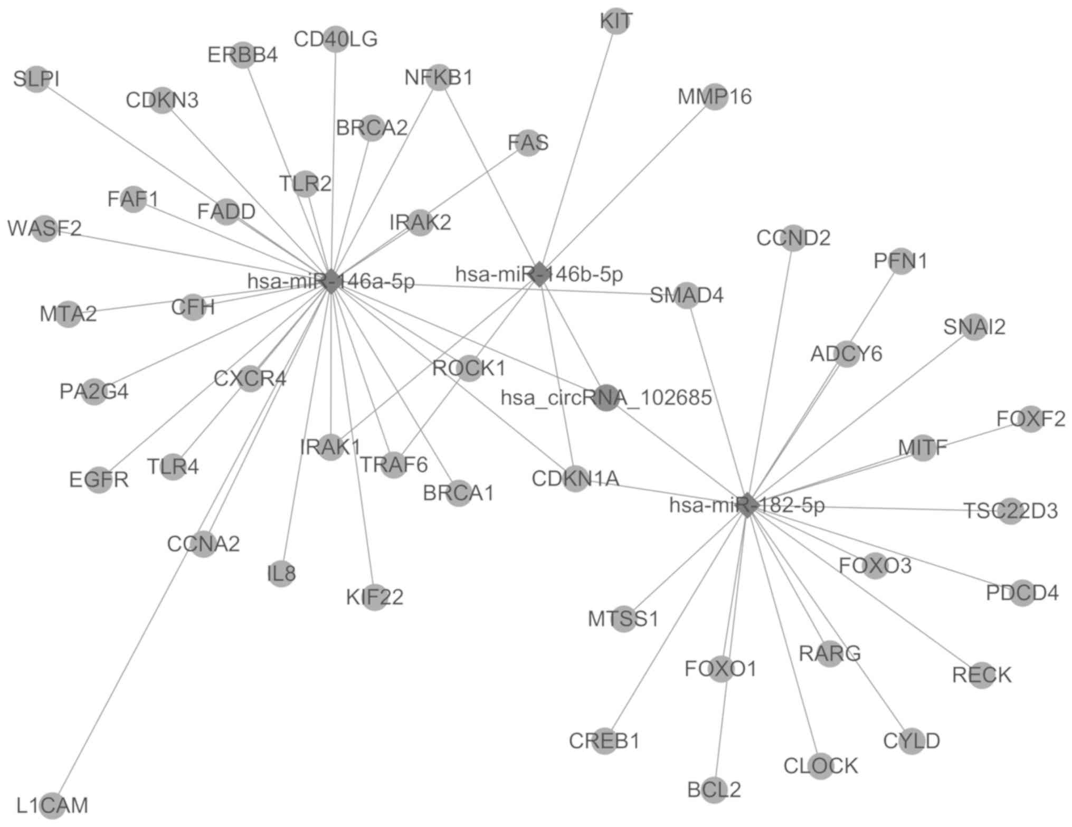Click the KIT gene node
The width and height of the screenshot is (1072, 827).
615,22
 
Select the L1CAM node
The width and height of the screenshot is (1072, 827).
52,805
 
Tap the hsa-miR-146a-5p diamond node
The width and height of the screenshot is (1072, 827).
331,281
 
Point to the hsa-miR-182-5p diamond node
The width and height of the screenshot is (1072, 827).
746,505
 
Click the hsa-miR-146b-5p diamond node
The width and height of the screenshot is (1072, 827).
539,274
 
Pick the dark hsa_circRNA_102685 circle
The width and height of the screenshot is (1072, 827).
606,397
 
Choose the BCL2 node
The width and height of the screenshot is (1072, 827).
714,790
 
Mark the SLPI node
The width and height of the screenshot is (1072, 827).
36,79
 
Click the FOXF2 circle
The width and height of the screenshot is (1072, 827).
1030,419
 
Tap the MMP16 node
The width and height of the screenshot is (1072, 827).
715,97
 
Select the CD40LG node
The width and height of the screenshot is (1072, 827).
336,39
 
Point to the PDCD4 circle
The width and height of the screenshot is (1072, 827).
1022,593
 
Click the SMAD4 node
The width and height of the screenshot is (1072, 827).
686,296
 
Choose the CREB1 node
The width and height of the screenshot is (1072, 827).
604,741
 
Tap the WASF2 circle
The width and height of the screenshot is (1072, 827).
44,229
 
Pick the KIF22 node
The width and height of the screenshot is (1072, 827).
374,597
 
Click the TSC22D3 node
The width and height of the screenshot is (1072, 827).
1011,511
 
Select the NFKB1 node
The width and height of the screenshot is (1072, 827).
439,78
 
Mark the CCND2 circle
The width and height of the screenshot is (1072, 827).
793,238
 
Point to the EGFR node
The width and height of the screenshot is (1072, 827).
99,480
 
